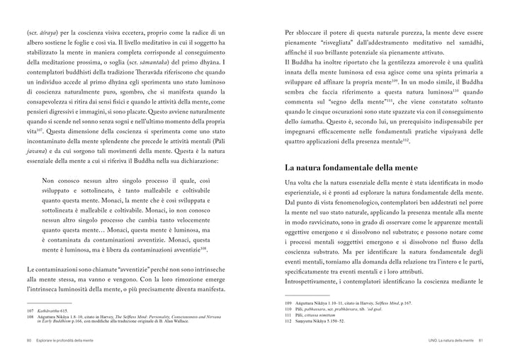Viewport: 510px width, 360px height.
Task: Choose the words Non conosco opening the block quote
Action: (x=65, y=179)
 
